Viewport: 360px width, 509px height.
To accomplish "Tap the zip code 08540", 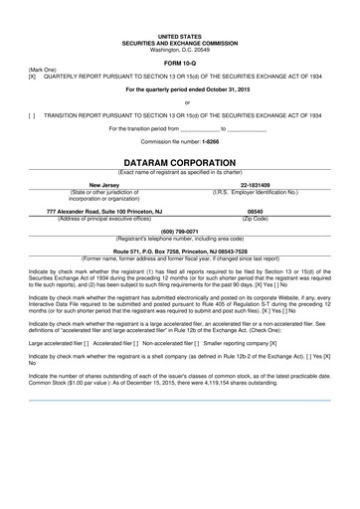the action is point(255,212).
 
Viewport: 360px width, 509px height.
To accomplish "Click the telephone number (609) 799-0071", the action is point(180,231).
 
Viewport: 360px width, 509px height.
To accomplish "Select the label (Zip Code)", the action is point(255,219).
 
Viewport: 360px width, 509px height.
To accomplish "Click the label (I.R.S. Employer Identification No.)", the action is point(256,192).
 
